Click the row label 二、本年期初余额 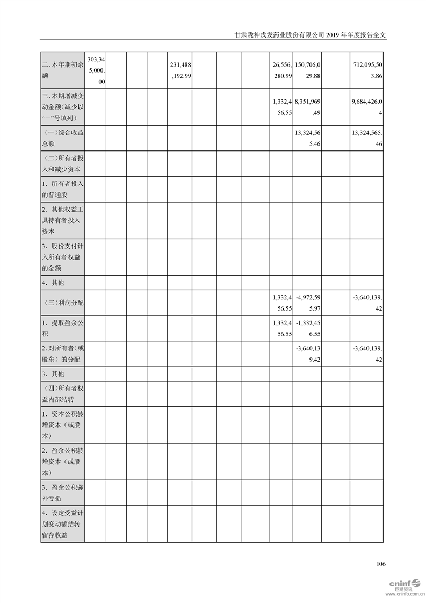62,71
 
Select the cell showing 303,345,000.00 95,71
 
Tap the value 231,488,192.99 180,71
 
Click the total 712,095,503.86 366,71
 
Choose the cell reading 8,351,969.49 307,107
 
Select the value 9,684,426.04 366,107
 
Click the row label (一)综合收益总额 62,138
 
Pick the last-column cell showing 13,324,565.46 366,138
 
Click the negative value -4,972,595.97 307,303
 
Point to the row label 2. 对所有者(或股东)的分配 62,354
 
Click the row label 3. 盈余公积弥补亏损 62,493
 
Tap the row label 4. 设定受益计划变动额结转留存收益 62,524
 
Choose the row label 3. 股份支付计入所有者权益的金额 62,257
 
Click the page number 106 381,564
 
